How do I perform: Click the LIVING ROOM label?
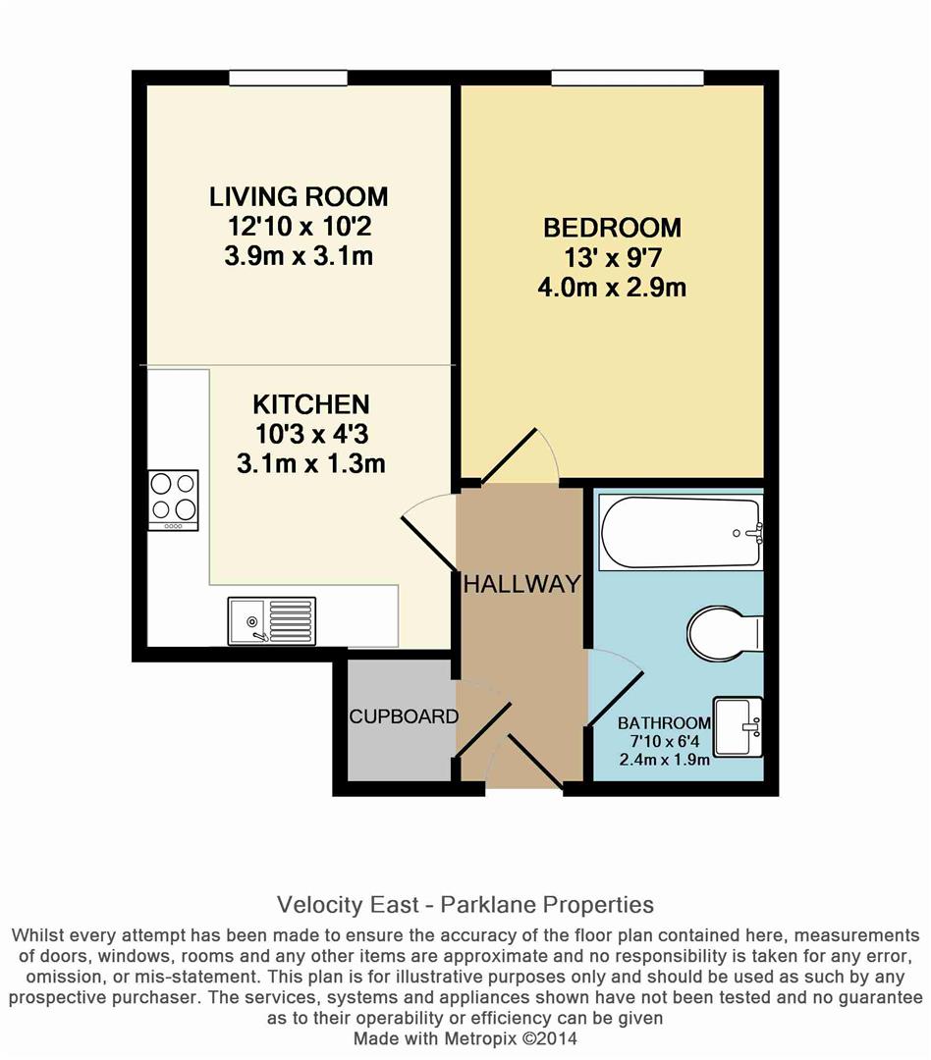[299, 196]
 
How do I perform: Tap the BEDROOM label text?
[612, 229]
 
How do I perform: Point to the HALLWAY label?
[521, 584]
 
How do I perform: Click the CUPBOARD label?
[404, 716]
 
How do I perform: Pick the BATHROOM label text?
[663, 723]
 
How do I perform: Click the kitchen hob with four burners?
[173, 500]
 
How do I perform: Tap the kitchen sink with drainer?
[271, 621]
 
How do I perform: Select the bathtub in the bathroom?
[682, 533]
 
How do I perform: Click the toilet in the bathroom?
[724, 632]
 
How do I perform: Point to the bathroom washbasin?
[739, 727]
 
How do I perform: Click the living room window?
[288, 78]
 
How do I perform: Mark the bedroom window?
[628, 78]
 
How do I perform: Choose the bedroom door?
[530, 455]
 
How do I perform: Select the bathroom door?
[613, 688]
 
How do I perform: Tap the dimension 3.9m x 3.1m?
[299, 257]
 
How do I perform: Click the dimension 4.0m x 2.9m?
[612, 289]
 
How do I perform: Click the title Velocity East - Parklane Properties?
[465, 904]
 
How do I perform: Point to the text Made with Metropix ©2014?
[465, 1037]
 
